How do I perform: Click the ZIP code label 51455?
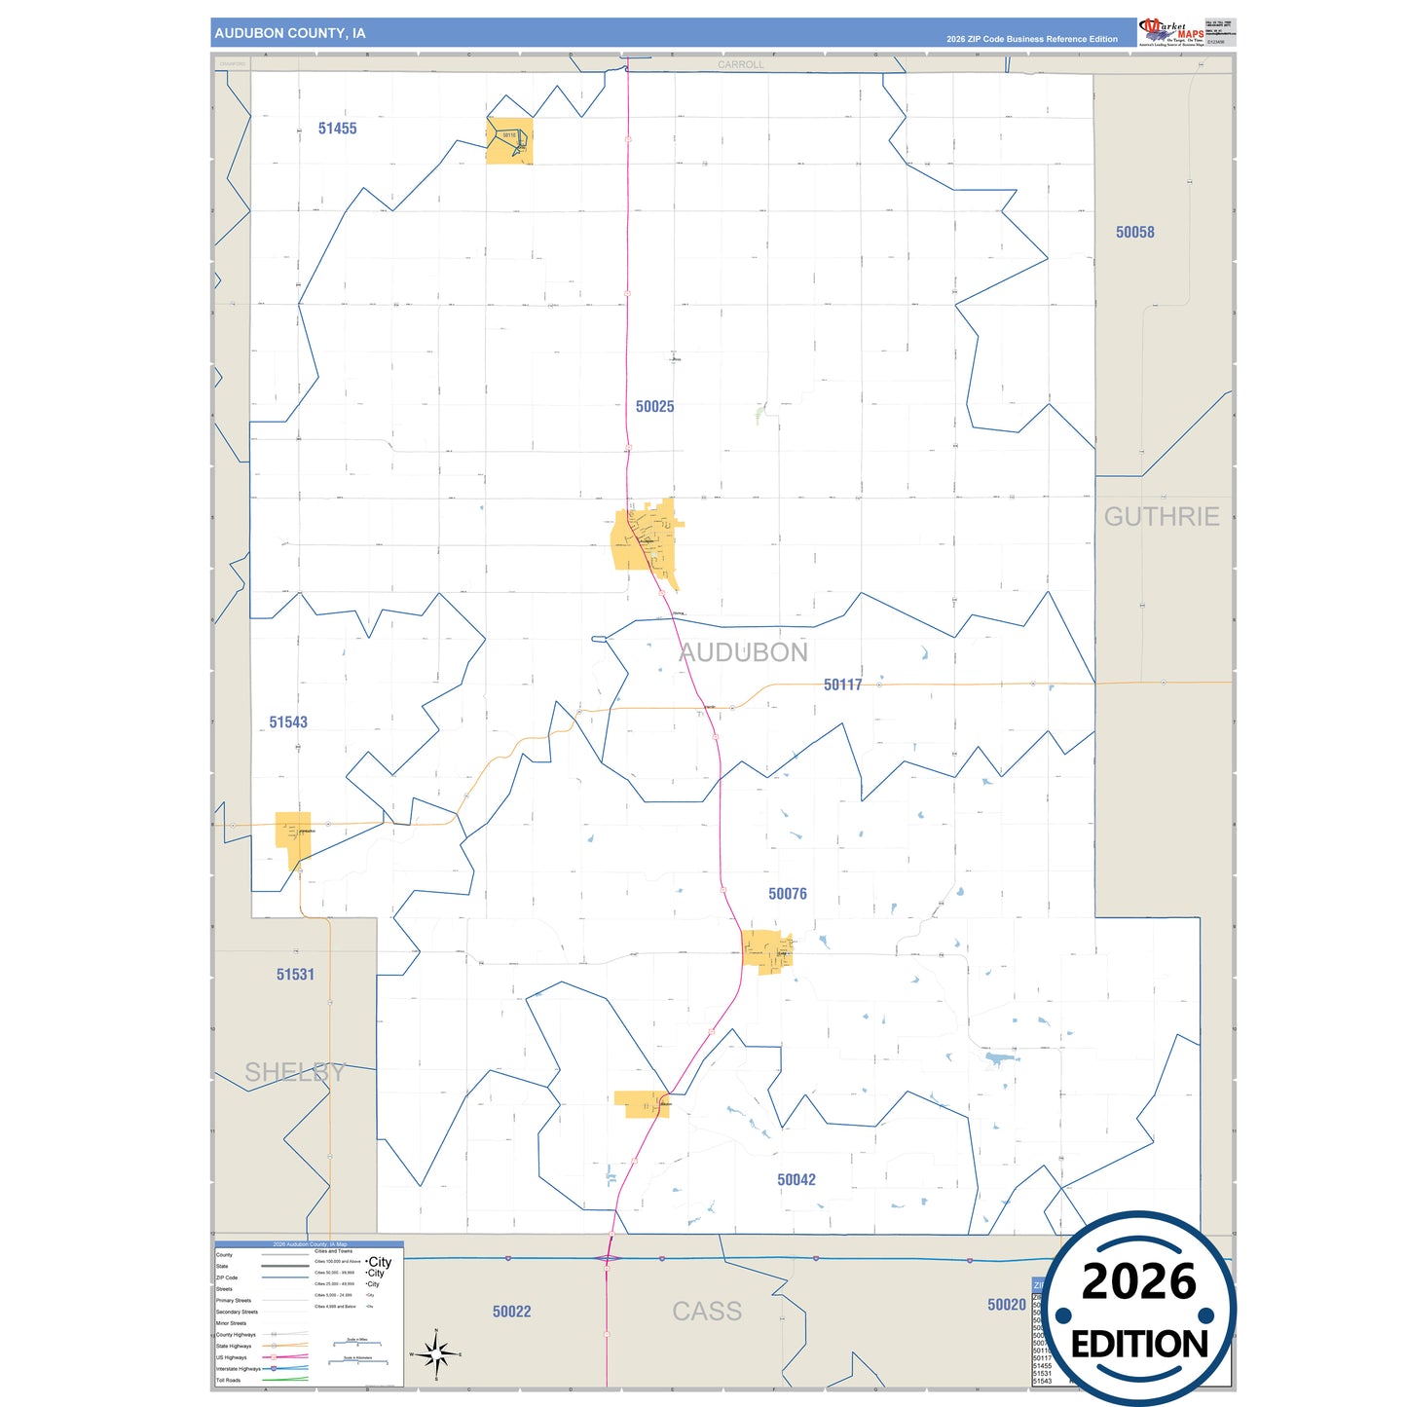(x=337, y=129)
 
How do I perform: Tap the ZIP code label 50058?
(x=1134, y=232)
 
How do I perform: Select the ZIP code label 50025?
(x=654, y=407)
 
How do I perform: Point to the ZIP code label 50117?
(x=842, y=685)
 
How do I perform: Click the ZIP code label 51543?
(x=288, y=722)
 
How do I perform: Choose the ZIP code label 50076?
(x=787, y=894)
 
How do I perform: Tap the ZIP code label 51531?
(x=295, y=975)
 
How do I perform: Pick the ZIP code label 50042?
(x=796, y=1180)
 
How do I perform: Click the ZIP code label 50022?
(x=511, y=1313)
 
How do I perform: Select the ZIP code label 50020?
(x=1006, y=1305)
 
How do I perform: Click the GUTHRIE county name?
(x=1161, y=517)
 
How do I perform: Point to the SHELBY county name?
(x=294, y=1072)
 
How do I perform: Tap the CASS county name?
(x=707, y=1312)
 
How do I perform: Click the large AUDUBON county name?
(x=743, y=652)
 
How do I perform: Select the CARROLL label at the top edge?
(x=741, y=65)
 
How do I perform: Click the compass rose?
(x=436, y=1354)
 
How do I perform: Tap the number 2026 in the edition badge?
(x=1138, y=1281)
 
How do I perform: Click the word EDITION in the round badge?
(x=1139, y=1345)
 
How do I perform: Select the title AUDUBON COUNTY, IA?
(x=290, y=33)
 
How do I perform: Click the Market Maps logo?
(x=1171, y=32)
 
